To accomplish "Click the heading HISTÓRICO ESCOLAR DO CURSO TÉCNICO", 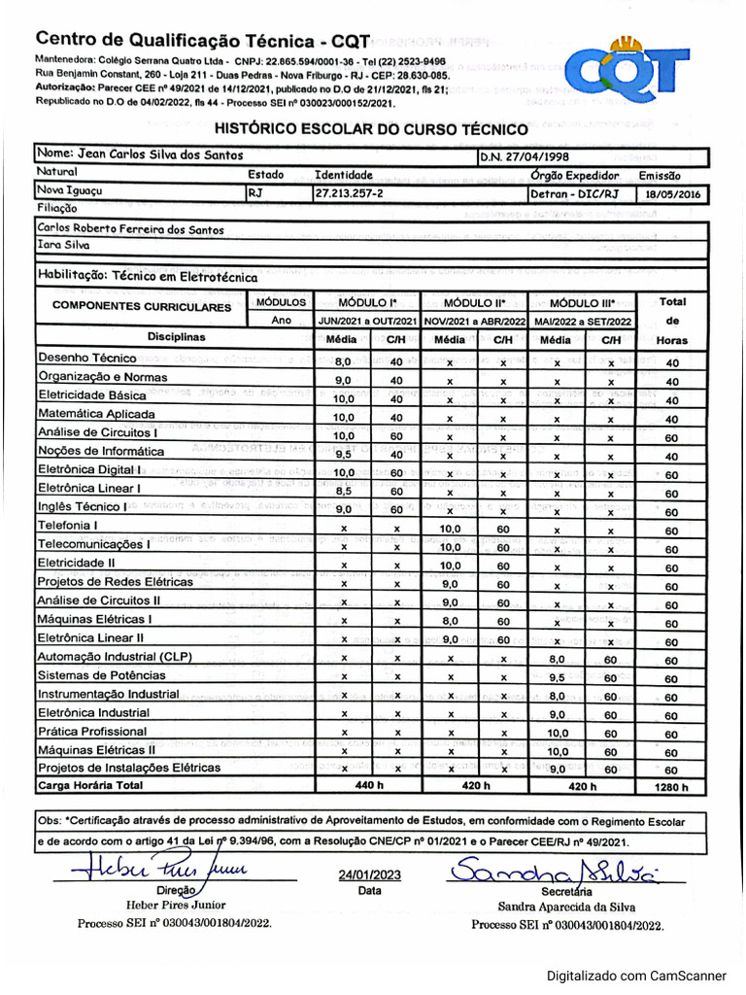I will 371,129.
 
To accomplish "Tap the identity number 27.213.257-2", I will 349,194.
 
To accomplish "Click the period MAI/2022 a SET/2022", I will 582,321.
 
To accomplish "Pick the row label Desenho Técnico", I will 86,359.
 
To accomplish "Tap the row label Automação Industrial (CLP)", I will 116,656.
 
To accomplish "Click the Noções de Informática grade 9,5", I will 343,453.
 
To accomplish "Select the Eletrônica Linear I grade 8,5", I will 343,491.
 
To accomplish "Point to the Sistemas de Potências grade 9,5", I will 557,677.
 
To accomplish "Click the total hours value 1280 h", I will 670,787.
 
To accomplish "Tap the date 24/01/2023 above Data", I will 369,874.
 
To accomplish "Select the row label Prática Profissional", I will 92,731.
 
